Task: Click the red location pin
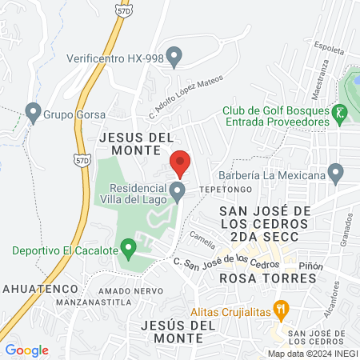[x=181, y=162]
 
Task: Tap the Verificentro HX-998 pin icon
[x=178, y=56]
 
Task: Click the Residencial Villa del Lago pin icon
[x=179, y=190]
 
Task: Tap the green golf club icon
[x=341, y=114]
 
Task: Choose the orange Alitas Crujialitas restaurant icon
[x=280, y=307]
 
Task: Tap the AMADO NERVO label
[x=125, y=290]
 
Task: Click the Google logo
[x=27, y=350]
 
